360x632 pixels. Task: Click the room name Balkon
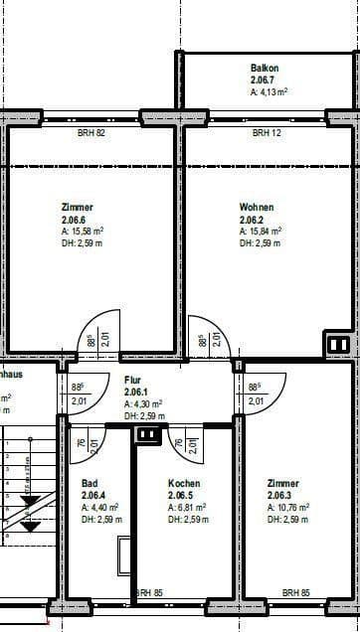coord(265,68)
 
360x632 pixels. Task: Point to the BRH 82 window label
coord(91,132)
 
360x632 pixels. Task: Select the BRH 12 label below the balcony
coord(266,132)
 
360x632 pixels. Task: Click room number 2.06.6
coord(75,219)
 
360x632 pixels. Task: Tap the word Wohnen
coord(257,208)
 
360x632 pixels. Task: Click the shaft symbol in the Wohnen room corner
coord(338,345)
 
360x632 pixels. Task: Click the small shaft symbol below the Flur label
coord(147,434)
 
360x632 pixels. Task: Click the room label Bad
coord(90,484)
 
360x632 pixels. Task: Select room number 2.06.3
coord(281,495)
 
